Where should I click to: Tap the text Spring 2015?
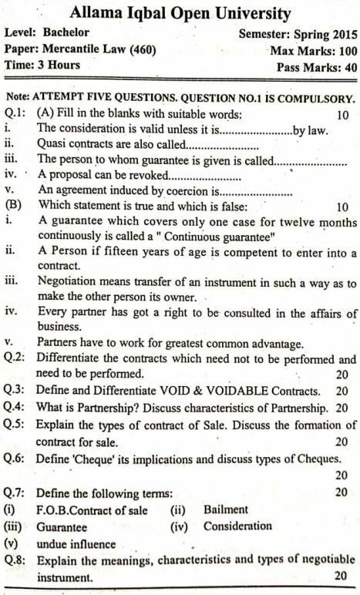[322, 35]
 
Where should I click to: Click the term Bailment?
[226, 509]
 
